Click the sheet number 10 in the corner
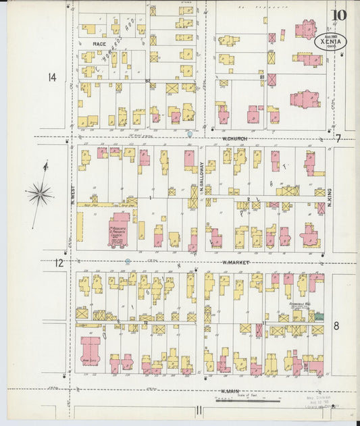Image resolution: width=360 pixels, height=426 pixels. coord(338,15)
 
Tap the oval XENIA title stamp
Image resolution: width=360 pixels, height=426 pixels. coord(330,41)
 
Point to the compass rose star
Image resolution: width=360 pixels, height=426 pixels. coord(41,194)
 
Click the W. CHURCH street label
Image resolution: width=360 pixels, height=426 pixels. coord(235,140)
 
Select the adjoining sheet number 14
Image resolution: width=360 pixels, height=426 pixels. coord(52,78)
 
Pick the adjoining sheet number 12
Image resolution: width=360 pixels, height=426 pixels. coord(59,263)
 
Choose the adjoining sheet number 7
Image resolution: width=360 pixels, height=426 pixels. coord(338,138)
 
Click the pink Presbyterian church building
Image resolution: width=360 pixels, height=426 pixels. coord(120,230)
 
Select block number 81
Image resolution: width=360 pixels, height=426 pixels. coord(261,77)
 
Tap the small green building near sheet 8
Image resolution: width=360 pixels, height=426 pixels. coord(318,316)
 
